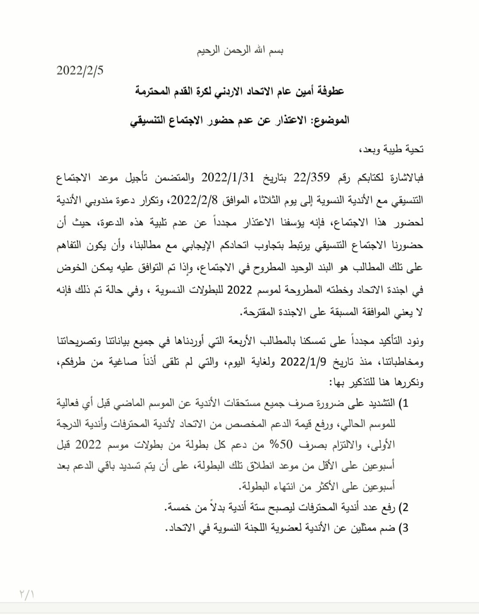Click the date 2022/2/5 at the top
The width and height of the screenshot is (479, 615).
coord(80,71)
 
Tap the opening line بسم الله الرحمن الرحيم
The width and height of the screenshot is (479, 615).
coord(240,50)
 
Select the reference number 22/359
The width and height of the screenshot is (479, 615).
coord(312,177)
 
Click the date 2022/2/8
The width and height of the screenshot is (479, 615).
coord(194,200)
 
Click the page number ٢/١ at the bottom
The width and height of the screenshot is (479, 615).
coord(27,593)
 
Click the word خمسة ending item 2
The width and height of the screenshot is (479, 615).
coord(178,507)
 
